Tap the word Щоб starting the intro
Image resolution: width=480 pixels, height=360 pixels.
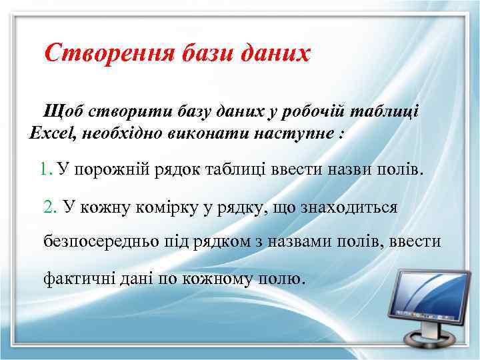[x=62, y=109]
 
